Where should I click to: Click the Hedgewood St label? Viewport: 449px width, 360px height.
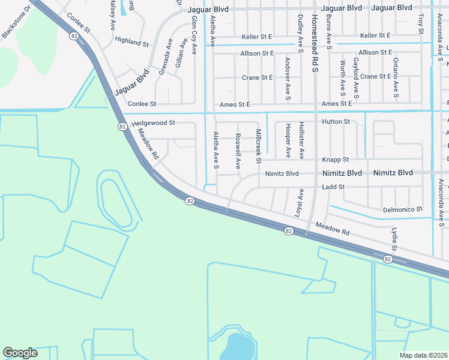153,122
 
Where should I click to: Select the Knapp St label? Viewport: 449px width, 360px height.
337,160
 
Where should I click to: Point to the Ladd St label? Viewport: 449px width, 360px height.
333,187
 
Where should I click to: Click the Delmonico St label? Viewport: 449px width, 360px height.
403,210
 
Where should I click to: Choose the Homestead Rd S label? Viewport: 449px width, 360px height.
313,42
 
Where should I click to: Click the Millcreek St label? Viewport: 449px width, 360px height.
259,146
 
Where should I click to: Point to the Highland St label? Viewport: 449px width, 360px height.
131,43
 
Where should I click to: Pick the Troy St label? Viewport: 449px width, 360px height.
421,23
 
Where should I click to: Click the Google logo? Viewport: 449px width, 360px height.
20,353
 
